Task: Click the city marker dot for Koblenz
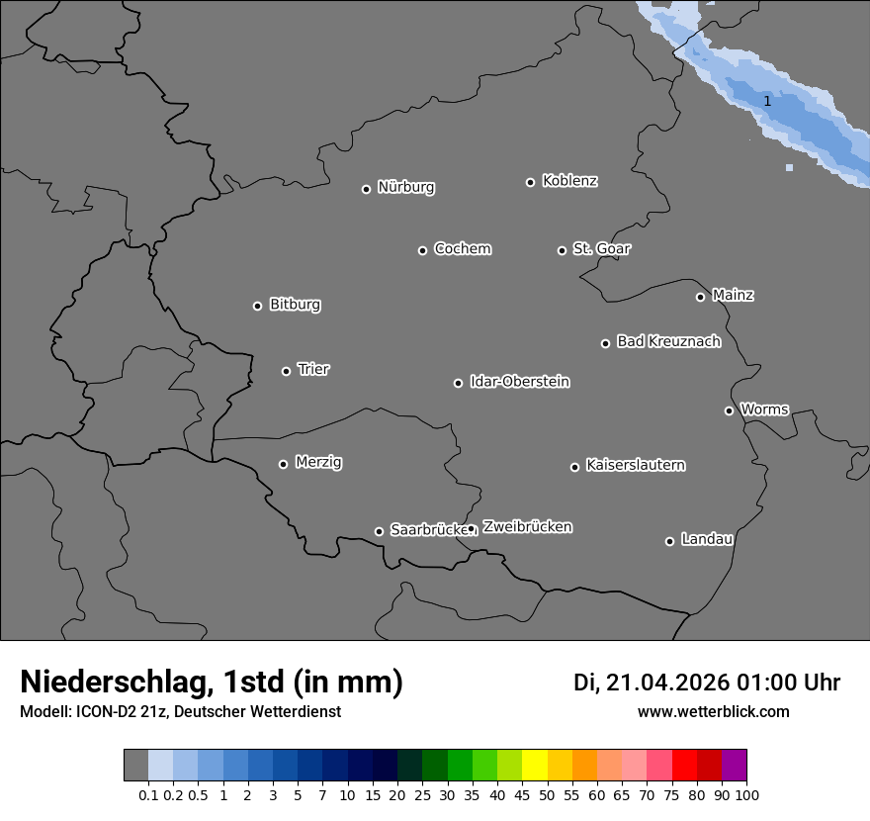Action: click(x=530, y=182)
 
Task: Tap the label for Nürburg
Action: click(x=405, y=187)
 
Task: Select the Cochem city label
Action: click(x=462, y=248)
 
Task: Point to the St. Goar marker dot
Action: click(x=562, y=250)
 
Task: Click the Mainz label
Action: click(x=733, y=295)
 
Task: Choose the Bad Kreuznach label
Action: click(x=668, y=341)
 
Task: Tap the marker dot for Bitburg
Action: click(x=257, y=306)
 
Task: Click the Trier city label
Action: click(x=313, y=369)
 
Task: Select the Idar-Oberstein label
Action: click(x=519, y=381)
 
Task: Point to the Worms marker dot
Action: click(x=729, y=410)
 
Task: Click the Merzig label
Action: click(x=318, y=462)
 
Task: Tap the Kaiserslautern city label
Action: click(x=635, y=465)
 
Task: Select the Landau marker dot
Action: click(x=669, y=541)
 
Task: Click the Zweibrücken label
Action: click(x=527, y=526)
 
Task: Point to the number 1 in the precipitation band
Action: click(x=767, y=101)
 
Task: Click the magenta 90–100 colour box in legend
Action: click(x=735, y=766)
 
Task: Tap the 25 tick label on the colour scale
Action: click(x=422, y=794)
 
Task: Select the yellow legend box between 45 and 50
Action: click(x=534, y=766)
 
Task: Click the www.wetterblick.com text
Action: click(x=713, y=712)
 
